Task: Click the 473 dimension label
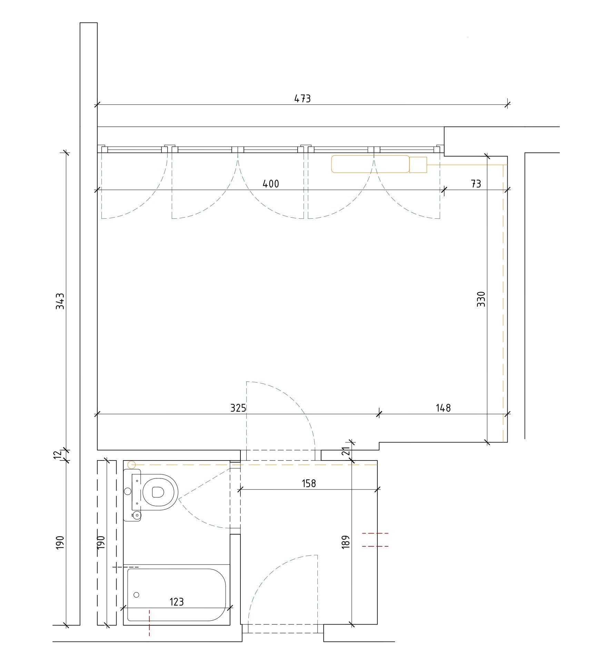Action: coord(302,99)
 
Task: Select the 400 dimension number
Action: coord(271,183)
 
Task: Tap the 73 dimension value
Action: coord(476,183)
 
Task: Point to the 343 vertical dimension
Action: coord(60,301)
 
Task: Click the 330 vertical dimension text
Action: coord(481,299)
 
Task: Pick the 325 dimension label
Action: coord(238,408)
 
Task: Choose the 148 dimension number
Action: coord(443,408)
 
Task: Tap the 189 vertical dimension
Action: coord(347,541)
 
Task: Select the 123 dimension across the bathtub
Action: coord(177,602)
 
